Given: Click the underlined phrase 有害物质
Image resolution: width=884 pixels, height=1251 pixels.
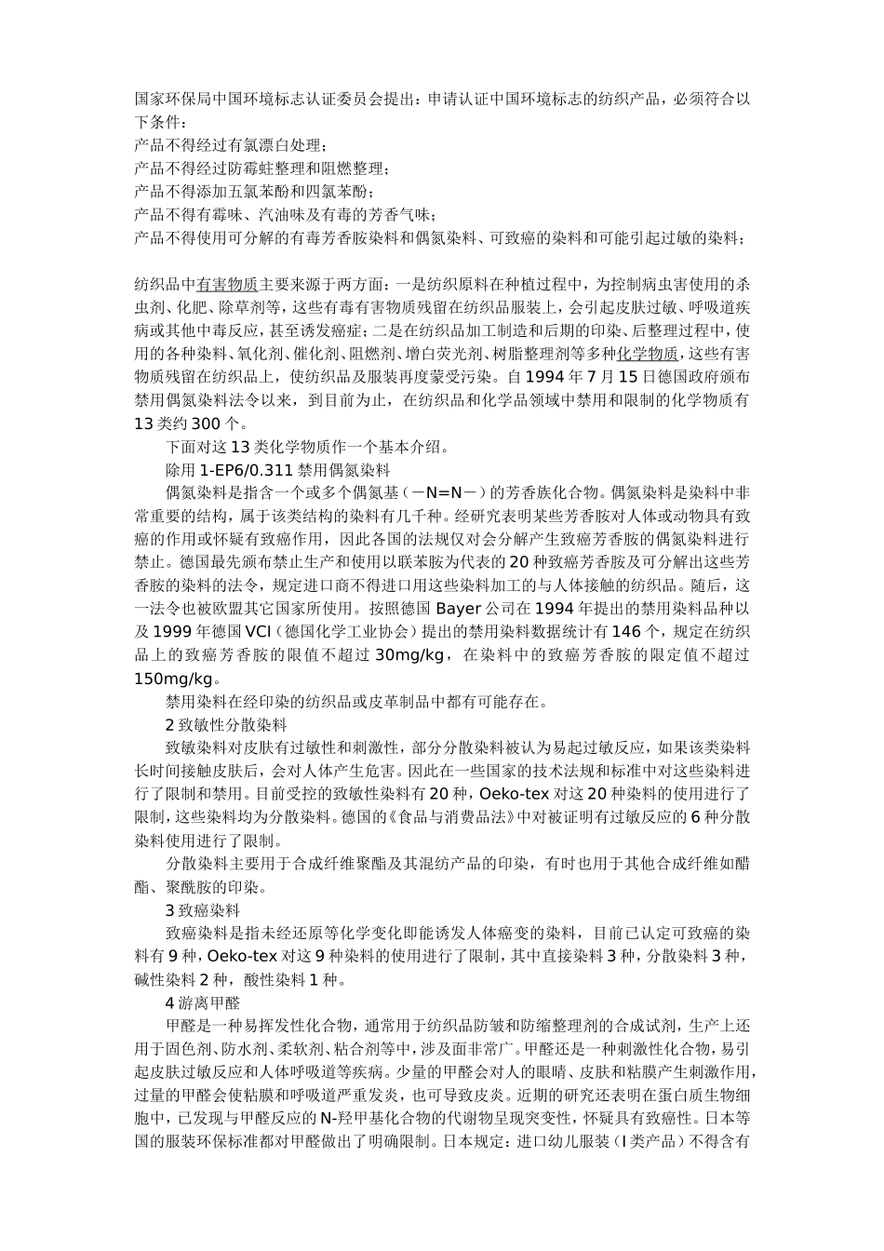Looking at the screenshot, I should click(227, 283).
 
